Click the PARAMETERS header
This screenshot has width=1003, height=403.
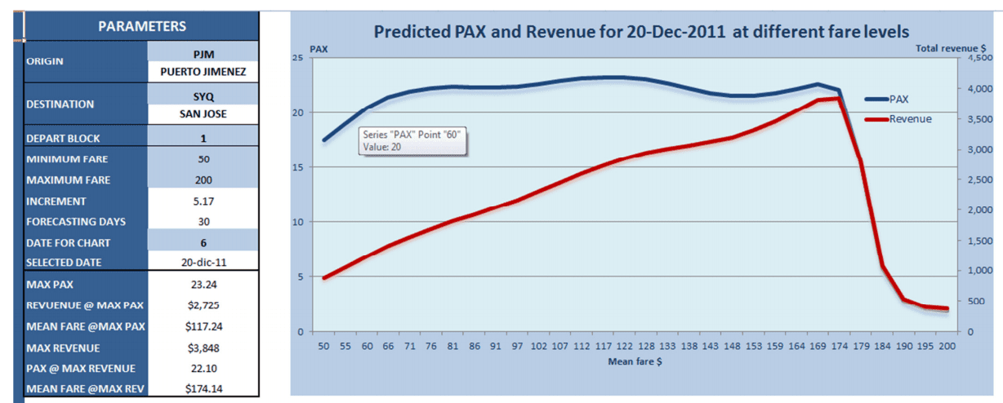[142, 26]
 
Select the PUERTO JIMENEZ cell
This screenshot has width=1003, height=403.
[203, 73]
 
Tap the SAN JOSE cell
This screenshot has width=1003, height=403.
[203, 114]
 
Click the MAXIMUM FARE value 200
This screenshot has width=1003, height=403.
[203, 179]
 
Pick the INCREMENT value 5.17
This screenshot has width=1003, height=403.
[203, 201]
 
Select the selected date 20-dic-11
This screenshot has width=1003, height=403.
[203, 263]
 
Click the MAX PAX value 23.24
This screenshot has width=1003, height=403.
[203, 285]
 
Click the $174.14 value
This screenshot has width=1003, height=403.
[203, 388]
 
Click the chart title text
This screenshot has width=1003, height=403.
[640, 33]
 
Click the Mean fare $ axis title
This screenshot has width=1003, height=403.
[634, 362]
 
